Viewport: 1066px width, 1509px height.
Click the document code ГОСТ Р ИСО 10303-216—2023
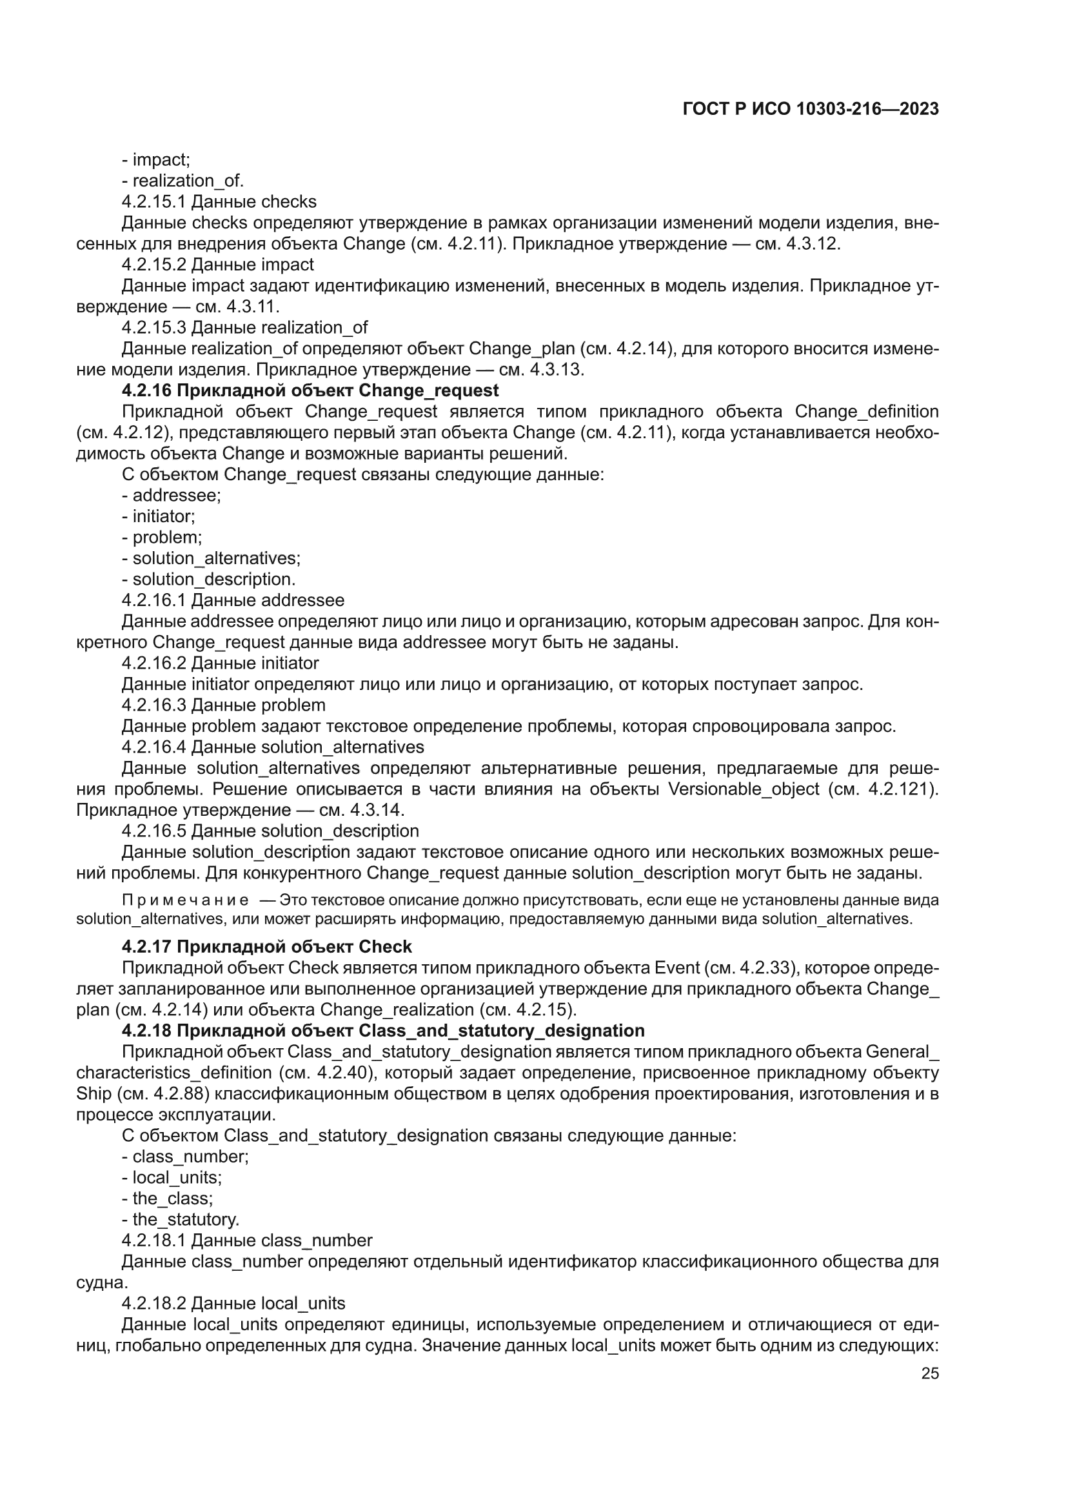click(x=811, y=109)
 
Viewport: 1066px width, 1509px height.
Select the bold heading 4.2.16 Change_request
click(x=310, y=390)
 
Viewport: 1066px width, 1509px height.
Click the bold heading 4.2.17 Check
click(x=267, y=946)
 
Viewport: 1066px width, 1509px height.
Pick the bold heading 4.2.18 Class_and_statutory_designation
click(x=383, y=1031)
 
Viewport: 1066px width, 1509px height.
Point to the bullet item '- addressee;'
click(x=172, y=495)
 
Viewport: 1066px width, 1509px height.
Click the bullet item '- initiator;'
click(x=158, y=516)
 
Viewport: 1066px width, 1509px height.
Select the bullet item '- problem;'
click(x=162, y=537)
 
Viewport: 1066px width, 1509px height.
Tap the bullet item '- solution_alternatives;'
click(x=211, y=558)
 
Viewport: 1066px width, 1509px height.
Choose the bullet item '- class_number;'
click(x=185, y=1156)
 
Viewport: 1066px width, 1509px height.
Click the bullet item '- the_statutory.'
click(x=181, y=1219)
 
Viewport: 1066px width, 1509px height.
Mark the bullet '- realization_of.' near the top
click(x=183, y=180)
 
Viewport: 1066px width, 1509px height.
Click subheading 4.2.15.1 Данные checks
click(x=219, y=201)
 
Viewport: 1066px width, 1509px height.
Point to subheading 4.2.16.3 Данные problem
click(x=223, y=705)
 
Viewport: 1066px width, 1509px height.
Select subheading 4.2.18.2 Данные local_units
click(x=233, y=1302)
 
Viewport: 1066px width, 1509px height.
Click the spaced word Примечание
click(x=185, y=900)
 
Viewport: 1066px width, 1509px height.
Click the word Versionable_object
click(x=743, y=789)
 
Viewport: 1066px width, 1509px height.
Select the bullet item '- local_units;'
click(x=172, y=1177)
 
